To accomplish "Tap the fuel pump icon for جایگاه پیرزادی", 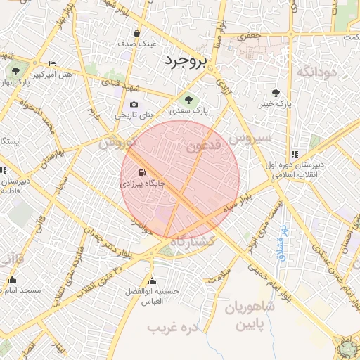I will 143,173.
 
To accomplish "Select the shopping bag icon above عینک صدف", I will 136,33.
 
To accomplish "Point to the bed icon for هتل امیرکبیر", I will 52,65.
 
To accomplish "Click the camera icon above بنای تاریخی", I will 134,105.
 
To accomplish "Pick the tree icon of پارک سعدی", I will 186,98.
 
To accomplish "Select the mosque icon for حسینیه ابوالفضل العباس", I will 152,279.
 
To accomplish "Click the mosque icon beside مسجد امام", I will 12,280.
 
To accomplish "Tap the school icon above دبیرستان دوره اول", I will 295,154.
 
